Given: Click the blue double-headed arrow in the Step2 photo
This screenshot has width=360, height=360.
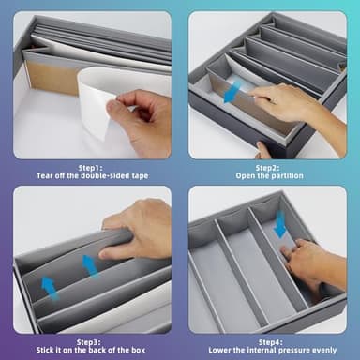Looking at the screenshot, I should (x=232, y=91).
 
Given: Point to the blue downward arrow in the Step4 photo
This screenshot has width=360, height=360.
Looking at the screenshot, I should (x=279, y=224).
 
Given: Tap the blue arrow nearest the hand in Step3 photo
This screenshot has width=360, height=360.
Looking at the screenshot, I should (x=90, y=266).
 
